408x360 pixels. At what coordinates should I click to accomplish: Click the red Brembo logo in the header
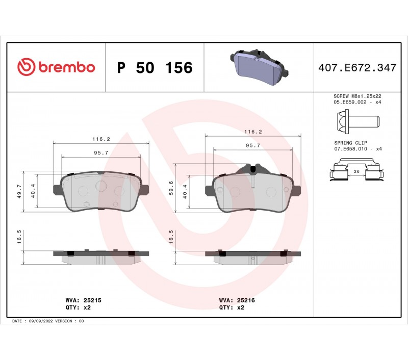tap(56, 67)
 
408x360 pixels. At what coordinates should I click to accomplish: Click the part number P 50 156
tap(155, 68)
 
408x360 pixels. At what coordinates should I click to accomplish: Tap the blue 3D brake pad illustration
tap(259, 67)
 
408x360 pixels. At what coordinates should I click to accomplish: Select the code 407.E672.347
tap(358, 68)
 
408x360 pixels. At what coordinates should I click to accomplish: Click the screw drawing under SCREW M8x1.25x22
tap(358, 121)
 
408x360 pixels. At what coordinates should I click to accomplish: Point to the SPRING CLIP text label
tap(350, 143)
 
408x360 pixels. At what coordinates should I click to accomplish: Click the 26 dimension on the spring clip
tap(356, 171)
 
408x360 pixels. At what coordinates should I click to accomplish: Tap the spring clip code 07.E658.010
tap(350, 149)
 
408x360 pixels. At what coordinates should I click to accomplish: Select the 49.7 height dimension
tap(19, 191)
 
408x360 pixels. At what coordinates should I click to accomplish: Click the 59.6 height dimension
tap(171, 188)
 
